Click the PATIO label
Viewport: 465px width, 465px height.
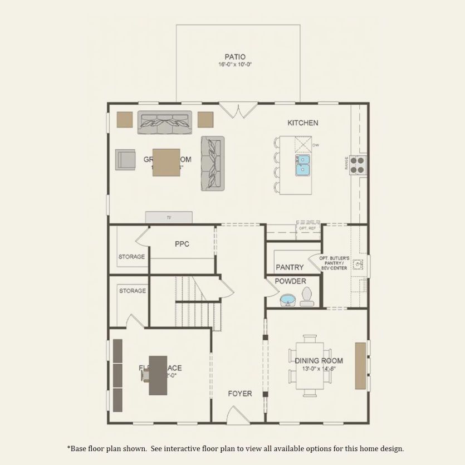coord(234,56)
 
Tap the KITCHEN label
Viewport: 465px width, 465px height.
coord(302,123)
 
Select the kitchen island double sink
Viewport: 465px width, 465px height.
coord(303,165)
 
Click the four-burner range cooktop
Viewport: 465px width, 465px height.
coord(358,164)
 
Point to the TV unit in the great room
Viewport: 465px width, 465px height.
coord(169,217)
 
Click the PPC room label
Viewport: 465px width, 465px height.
coord(182,243)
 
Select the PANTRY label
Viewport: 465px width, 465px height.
coord(290,267)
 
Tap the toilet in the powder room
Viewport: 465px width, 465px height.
coord(307,298)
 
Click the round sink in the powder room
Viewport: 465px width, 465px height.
coord(287,300)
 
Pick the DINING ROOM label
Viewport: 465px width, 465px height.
coord(319,360)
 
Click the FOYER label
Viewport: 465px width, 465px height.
coord(239,393)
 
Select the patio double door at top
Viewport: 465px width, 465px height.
coord(238,110)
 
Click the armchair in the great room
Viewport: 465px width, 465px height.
coord(125,159)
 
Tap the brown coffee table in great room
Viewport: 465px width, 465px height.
coord(167,162)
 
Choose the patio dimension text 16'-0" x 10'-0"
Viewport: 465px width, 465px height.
coord(234,65)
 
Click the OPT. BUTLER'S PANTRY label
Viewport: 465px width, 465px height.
coord(334,263)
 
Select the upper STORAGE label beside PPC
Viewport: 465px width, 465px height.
coord(131,257)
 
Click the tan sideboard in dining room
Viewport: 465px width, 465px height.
coord(361,365)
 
